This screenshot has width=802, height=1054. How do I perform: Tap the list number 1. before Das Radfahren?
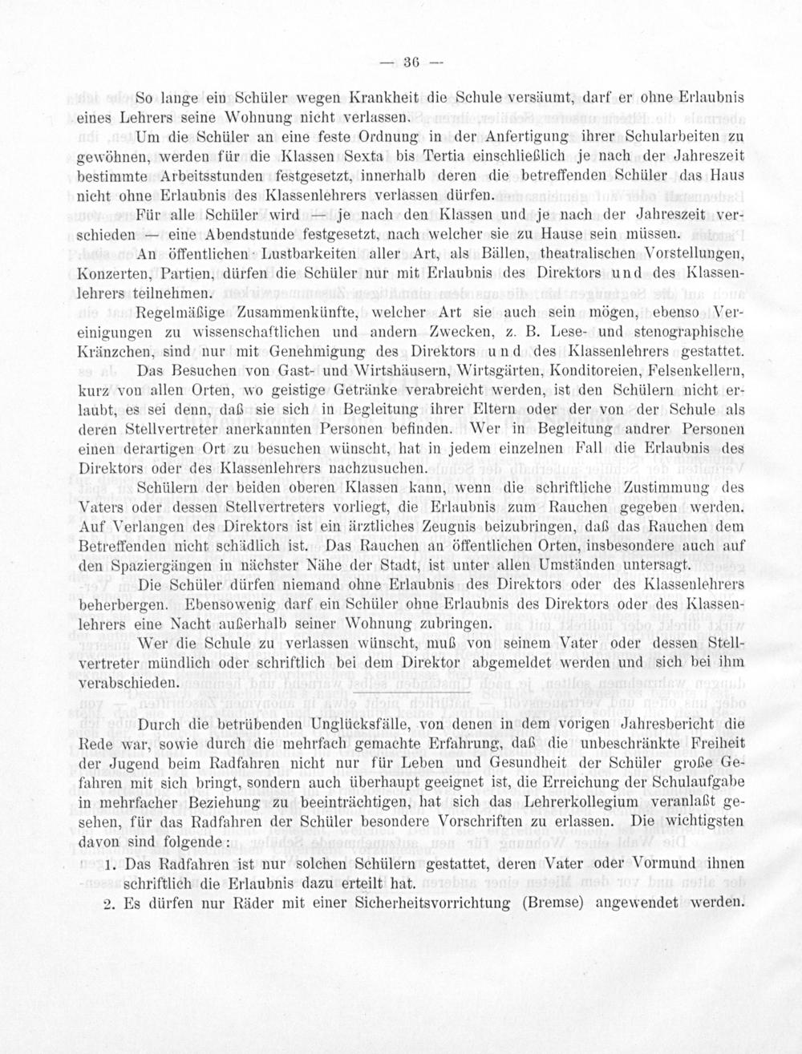point(111,865)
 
